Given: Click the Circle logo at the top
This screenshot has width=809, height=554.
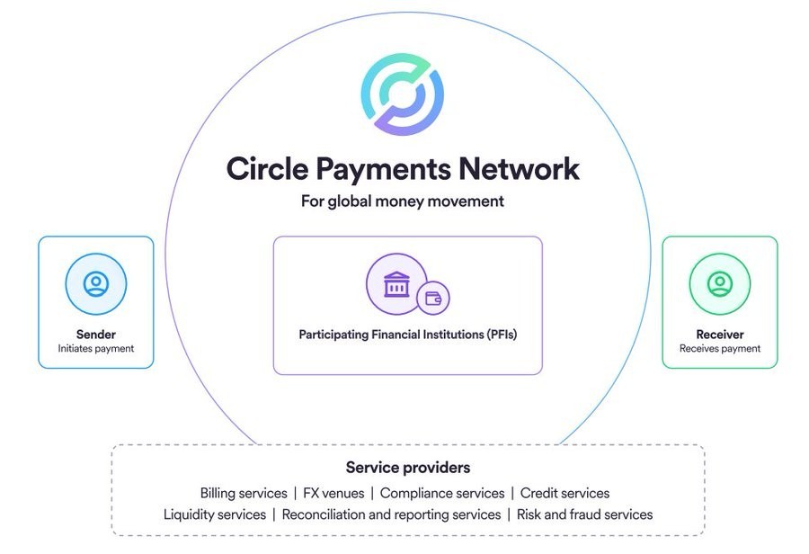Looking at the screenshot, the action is pyautogui.click(x=403, y=94).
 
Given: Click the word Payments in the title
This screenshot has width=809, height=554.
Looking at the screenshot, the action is pyautogui.click(x=383, y=169).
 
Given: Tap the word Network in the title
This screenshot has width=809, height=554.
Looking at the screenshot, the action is pyautogui.click(x=519, y=168).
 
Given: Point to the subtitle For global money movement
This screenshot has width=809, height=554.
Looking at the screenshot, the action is pyautogui.click(x=403, y=201).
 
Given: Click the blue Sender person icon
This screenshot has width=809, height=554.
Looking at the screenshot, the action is pyautogui.click(x=96, y=284).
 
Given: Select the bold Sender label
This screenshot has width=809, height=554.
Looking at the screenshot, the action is pyautogui.click(x=96, y=334).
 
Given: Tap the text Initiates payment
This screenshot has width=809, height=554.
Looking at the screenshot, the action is pyautogui.click(x=96, y=349).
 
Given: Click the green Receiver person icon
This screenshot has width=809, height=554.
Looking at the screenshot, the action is pyautogui.click(x=720, y=284).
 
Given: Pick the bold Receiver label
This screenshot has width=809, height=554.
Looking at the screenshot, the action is pyautogui.click(x=720, y=334).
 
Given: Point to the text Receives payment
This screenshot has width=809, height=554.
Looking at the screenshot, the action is pyautogui.click(x=720, y=349).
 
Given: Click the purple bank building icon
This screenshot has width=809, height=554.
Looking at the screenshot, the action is pyautogui.click(x=396, y=284).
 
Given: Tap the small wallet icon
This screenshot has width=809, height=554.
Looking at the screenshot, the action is pyautogui.click(x=433, y=298).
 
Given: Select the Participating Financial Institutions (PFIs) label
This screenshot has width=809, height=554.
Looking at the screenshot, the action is pyautogui.click(x=407, y=335).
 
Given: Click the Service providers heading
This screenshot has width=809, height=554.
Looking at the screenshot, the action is pyautogui.click(x=408, y=468).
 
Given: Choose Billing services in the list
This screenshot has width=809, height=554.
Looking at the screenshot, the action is pyautogui.click(x=244, y=493).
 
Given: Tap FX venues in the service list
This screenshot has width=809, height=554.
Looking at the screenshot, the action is pyautogui.click(x=333, y=493).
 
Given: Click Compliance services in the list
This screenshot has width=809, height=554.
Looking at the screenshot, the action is pyautogui.click(x=442, y=493).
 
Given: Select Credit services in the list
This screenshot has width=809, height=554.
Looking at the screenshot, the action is pyautogui.click(x=565, y=493).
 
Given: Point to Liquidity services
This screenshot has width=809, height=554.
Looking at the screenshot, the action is pyautogui.click(x=215, y=514).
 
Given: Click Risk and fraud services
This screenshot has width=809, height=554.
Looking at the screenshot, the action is pyautogui.click(x=584, y=514).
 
